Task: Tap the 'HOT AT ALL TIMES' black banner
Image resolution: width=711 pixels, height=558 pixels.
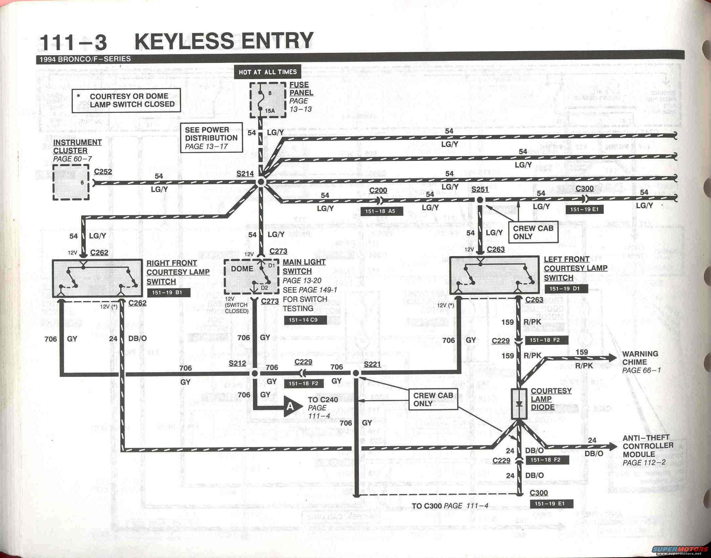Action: [x=267, y=72]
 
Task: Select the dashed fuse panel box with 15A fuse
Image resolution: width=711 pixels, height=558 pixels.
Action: [x=268, y=100]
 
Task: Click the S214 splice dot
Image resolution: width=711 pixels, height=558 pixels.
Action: [x=261, y=182]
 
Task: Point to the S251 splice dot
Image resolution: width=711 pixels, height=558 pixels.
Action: [x=480, y=200]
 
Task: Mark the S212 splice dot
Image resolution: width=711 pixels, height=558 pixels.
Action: [x=255, y=373]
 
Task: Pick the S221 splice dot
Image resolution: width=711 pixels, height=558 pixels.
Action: [x=356, y=373]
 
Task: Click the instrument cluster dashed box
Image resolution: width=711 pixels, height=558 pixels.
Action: [x=71, y=182]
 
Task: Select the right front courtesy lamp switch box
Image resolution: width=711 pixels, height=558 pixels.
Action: [x=97, y=278]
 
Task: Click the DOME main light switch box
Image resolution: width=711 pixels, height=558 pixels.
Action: [x=252, y=277]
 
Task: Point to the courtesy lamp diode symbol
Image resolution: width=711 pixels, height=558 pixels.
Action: [x=519, y=404]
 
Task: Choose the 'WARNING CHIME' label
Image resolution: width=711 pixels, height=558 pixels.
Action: [x=640, y=358]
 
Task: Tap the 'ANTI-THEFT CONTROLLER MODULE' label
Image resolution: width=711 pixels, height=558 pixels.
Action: [x=647, y=446]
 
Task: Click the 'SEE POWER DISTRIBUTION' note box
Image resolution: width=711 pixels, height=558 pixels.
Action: [x=211, y=138]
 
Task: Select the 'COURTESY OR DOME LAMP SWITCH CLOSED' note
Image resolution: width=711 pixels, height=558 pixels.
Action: [x=126, y=100]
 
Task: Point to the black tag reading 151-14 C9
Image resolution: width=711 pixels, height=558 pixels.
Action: [x=305, y=320]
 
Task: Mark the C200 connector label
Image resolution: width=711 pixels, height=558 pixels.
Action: [x=378, y=190]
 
